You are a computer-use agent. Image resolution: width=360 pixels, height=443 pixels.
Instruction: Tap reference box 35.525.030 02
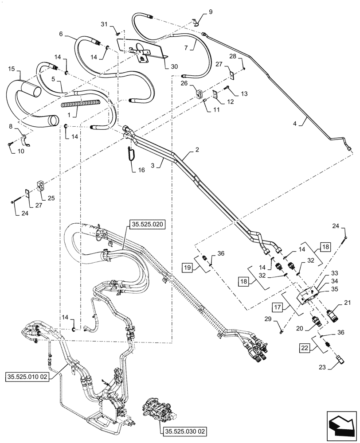coord(179,430)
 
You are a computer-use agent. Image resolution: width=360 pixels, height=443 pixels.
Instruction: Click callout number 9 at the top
coord(211,12)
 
